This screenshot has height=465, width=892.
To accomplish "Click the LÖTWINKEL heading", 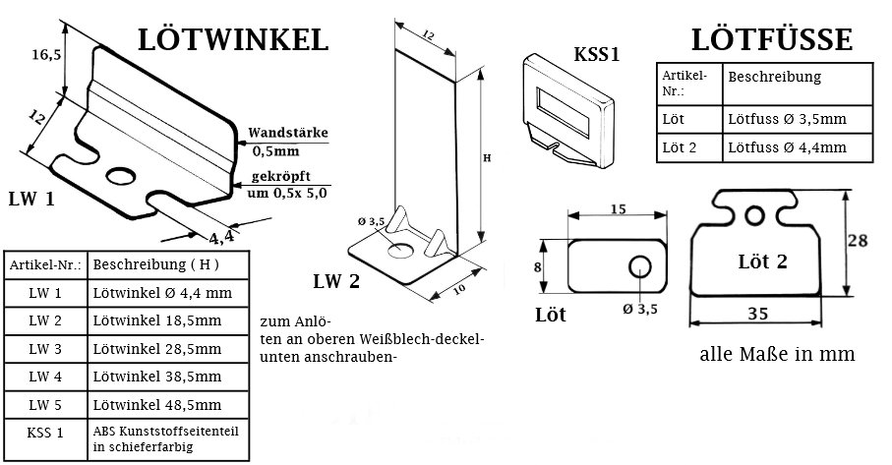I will [232, 39].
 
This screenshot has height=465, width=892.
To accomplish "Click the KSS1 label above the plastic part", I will [596, 54].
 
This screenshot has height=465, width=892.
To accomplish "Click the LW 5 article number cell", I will [44, 404].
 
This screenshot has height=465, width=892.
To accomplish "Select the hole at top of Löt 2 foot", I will [754, 213].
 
